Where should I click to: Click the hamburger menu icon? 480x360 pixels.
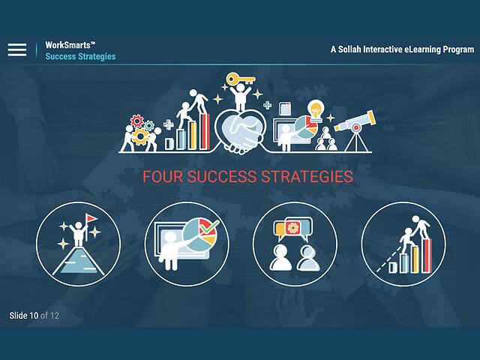pyautogui.click(x=17, y=50)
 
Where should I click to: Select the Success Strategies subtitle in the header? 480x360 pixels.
pyautogui.click(x=80, y=57)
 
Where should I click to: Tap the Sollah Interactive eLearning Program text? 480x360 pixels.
pyautogui.click(x=402, y=49)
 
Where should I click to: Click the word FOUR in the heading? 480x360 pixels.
pyautogui.click(x=162, y=178)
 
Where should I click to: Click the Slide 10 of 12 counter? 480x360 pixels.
pyautogui.click(x=34, y=316)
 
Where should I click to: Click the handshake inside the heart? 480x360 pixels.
pyautogui.click(x=241, y=136)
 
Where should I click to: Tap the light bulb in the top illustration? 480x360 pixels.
pyautogui.click(x=316, y=109)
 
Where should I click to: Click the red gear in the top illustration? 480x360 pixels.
pyautogui.click(x=137, y=121)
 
